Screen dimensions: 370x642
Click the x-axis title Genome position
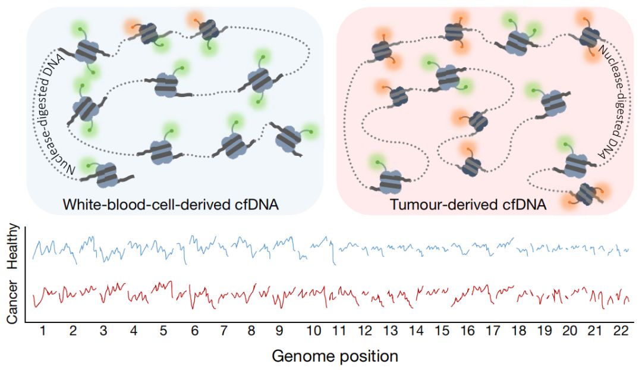pos(335,356)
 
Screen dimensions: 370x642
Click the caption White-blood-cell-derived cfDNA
pos(171,205)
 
